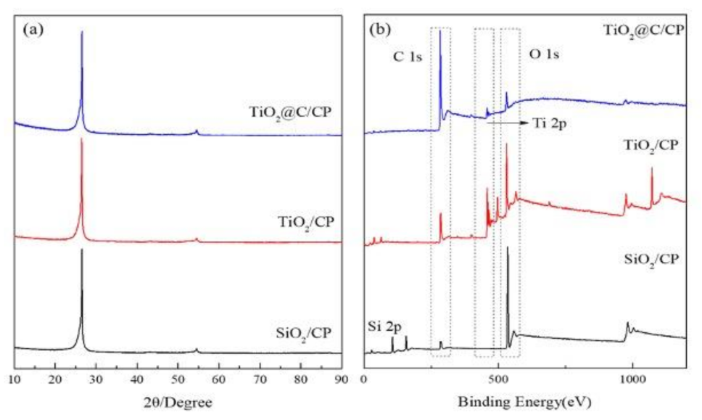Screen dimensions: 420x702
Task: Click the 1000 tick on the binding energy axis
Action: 632,379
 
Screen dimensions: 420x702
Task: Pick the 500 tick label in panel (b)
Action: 498,379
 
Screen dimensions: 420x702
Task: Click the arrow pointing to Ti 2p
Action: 507,124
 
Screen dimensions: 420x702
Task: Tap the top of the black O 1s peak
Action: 508,247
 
